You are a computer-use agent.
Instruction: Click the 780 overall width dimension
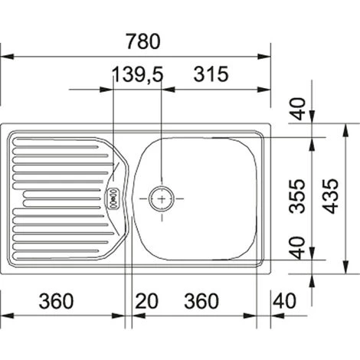coord(143,41)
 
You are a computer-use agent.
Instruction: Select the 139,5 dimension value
coord(137,74)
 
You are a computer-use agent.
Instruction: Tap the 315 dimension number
coord(211,74)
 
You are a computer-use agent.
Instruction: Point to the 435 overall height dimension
coord(330,196)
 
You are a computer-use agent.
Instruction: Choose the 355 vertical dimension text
coord(297,196)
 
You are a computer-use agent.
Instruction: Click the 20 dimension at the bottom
coord(146,301)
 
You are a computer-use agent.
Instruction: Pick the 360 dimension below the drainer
coord(56,301)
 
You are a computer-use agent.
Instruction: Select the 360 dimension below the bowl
coord(201,301)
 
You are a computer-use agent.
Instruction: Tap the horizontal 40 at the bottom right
coord(284,301)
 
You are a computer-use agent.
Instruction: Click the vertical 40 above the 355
coord(298,109)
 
